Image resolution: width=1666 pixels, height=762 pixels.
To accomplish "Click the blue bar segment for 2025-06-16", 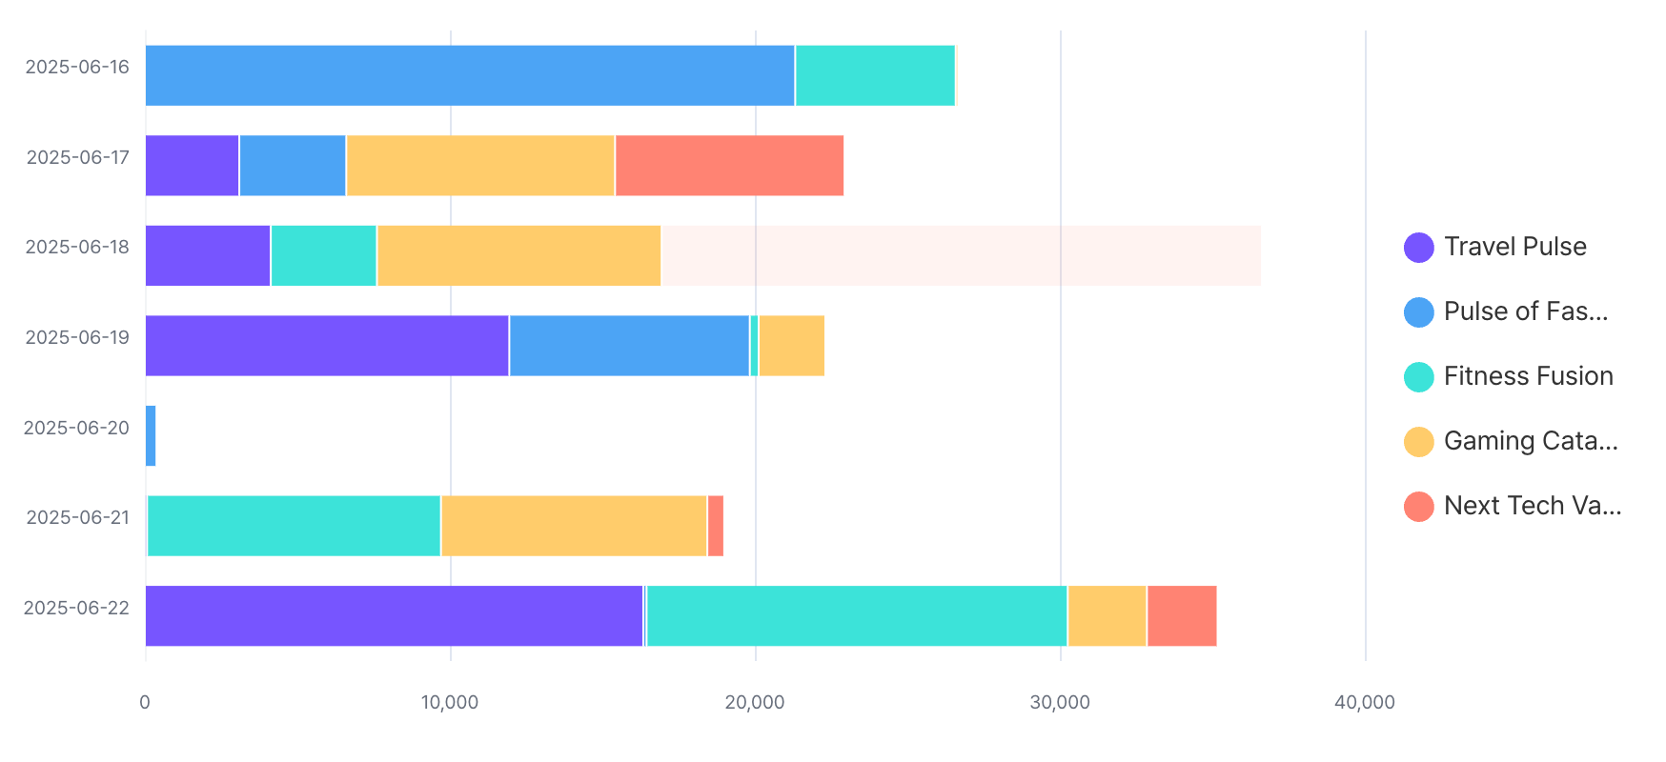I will [x=470, y=75].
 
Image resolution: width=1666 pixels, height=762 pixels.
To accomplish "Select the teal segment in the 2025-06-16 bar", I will [x=875, y=75].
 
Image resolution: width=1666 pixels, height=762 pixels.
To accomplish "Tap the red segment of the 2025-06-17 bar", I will [x=729, y=166].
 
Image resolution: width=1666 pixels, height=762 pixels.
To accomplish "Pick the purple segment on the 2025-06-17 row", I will [x=192, y=166].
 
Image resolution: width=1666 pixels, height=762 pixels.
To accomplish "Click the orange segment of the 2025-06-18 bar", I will [x=518, y=255].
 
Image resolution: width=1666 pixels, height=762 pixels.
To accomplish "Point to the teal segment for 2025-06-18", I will [x=324, y=255].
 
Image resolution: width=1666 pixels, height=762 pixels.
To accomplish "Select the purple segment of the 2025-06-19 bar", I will [x=327, y=346].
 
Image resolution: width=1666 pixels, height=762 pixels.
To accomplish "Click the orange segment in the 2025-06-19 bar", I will [x=791, y=346].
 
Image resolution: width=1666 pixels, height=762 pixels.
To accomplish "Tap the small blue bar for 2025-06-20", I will [x=151, y=435].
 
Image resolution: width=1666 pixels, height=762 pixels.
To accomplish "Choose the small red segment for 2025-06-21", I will [x=715, y=526].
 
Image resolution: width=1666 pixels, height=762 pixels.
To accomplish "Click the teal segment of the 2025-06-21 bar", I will [x=294, y=526].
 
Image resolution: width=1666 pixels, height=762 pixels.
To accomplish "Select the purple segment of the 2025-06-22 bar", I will [x=394, y=615].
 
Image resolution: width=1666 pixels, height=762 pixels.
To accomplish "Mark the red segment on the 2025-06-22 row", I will [x=1182, y=615].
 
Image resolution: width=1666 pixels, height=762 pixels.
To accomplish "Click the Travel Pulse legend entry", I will [x=1514, y=247].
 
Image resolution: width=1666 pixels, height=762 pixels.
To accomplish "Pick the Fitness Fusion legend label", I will [x=1528, y=376].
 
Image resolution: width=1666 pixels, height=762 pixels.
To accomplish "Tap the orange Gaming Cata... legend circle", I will [x=1418, y=441].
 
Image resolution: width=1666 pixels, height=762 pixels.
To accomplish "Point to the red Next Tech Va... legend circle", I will [x=1418, y=506].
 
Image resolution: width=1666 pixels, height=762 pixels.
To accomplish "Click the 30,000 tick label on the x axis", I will [x=1060, y=703].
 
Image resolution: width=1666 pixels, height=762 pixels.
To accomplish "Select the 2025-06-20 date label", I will [x=76, y=428].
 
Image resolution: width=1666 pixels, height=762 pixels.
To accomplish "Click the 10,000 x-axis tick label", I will [x=450, y=703].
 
